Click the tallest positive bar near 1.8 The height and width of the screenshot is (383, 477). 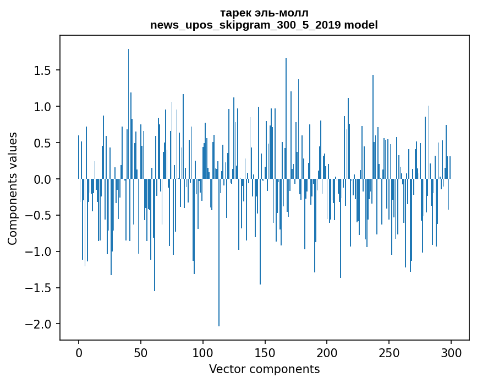[x=128, y=114]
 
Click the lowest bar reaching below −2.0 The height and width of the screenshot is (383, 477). [x=219, y=253]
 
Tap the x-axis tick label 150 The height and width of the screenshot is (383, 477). [x=265, y=353]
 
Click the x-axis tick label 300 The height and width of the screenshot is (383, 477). [x=451, y=353]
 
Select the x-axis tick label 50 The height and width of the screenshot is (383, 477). [x=140, y=353]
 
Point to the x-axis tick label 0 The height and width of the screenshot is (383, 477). [x=79, y=353]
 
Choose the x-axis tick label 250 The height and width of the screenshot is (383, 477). [x=389, y=353]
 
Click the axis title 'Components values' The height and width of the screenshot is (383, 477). [x=13, y=189]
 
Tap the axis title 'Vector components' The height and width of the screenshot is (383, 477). [x=264, y=369]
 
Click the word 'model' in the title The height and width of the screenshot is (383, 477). [x=361, y=25]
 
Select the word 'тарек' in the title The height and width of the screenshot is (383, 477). [x=234, y=14]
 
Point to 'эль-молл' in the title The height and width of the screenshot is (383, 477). [x=281, y=13]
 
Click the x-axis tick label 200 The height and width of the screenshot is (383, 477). [x=327, y=353]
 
